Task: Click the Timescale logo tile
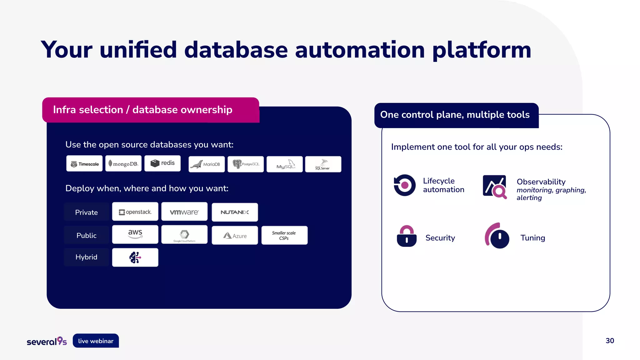[84, 164]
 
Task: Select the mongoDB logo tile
[123, 164]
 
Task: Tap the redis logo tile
[162, 163]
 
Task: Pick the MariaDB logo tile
[207, 164]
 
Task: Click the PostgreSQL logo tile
[246, 164]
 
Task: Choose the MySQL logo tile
[284, 164]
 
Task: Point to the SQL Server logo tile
[323, 164]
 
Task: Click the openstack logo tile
[135, 212]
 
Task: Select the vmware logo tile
[184, 212]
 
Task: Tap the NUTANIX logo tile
[235, 212]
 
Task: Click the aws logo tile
[135, 234]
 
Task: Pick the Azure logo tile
[235, 235]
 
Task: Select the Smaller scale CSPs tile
[284, 235]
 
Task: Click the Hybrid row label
[87, 257]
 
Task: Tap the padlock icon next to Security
[407, 237]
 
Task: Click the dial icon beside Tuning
[497, 236]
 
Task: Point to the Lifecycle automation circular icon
[404, 185]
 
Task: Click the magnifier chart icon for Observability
[495, 187]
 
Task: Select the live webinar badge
[96, 341]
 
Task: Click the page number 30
[610, 341]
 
